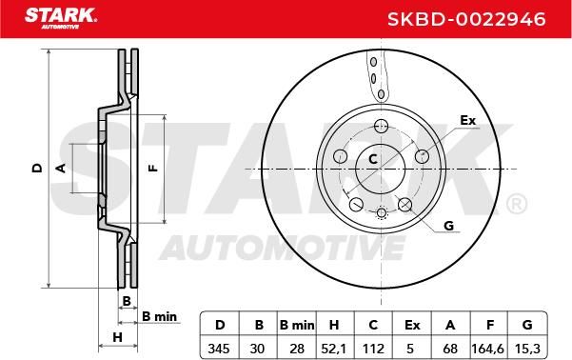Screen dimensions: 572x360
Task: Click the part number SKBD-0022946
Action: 466,19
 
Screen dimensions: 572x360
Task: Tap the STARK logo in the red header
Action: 61,18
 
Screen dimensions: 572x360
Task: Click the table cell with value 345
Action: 219,349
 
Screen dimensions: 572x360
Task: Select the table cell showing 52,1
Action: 334,349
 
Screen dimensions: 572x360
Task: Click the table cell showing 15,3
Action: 527,349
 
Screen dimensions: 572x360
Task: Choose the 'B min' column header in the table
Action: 297,325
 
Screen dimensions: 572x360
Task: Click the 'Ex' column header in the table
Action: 412,325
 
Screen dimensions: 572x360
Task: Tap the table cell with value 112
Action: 373,349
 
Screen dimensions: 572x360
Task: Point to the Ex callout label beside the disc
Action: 468,120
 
